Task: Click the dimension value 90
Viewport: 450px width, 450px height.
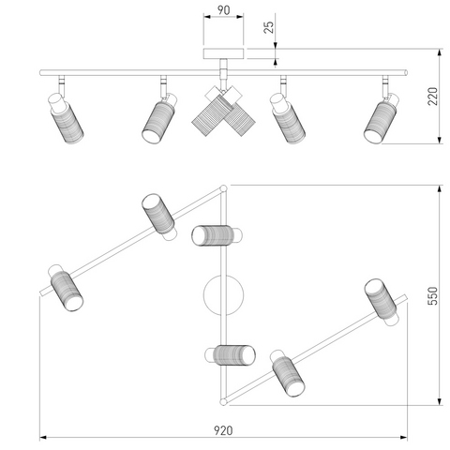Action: point(223,10)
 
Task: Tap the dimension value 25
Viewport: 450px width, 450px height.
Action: point(268,27)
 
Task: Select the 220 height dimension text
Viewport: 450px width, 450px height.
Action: point(433,97)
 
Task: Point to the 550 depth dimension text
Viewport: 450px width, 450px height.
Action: point(433,295)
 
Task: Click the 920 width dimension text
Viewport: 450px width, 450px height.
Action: point(223,430)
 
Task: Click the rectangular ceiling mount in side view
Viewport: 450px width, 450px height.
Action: point(223,53)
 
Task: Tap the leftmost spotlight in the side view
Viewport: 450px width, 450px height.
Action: point(66,118)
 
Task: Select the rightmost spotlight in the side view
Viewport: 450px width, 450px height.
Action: point(381,118)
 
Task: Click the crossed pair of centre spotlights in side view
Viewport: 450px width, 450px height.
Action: point(223,111)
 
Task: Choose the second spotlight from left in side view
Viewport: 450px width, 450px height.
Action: point(159,118)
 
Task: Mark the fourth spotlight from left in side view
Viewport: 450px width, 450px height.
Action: point(288,118)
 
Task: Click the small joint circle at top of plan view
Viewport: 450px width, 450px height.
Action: point(223,188)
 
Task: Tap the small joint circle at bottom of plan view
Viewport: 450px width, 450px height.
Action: point(223,402)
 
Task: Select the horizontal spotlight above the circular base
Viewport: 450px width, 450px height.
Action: point(217,235)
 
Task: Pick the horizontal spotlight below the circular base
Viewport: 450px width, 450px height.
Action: point(231,355)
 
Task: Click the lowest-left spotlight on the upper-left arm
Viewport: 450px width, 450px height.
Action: point(66,288)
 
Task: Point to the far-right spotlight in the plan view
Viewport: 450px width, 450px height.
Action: point(382,302)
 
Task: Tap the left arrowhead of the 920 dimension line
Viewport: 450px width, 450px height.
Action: point(43,437)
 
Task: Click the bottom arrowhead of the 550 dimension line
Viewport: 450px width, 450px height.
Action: point(440,402)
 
